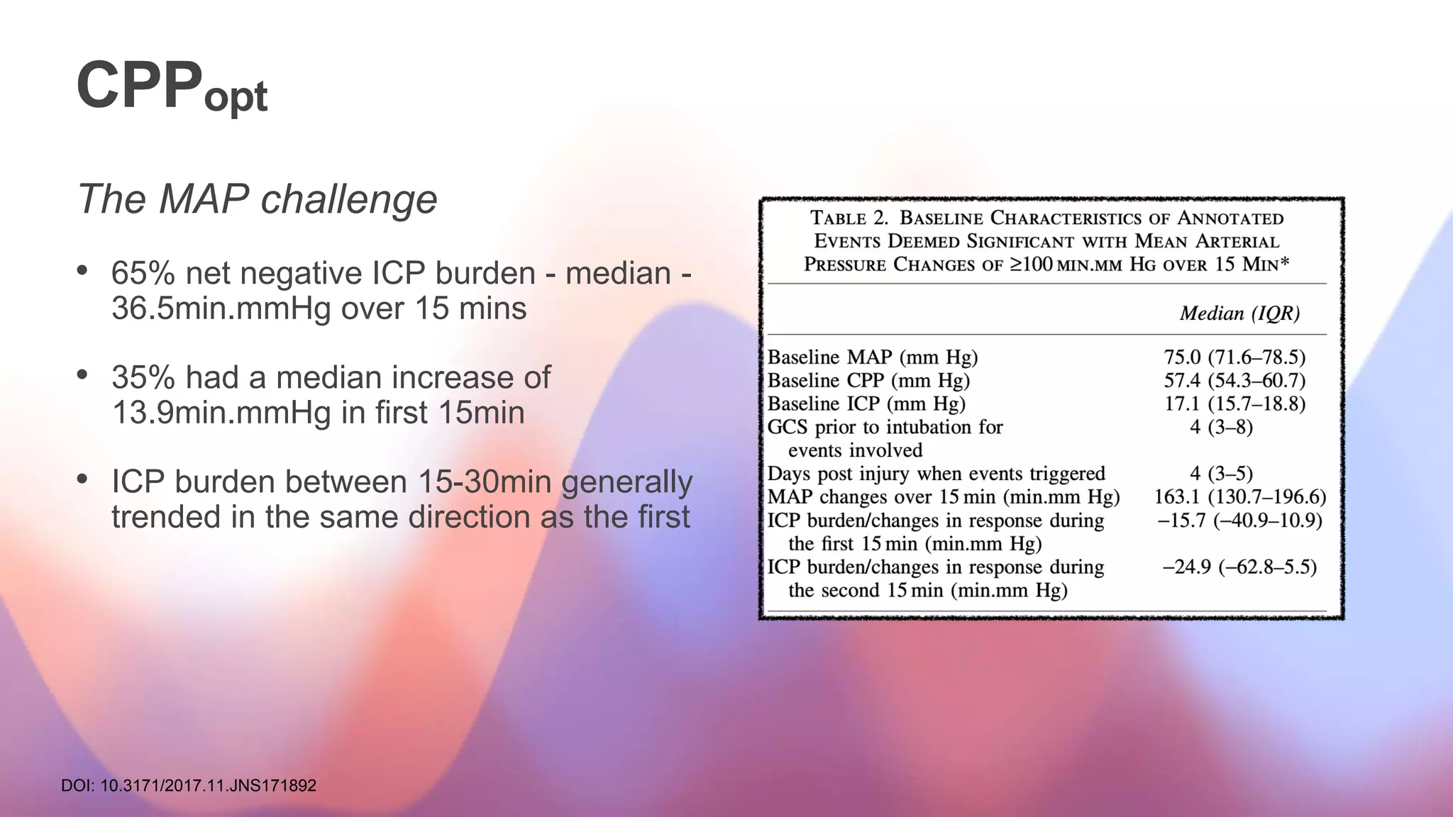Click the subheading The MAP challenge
pyautogui.click(x=257, y=199)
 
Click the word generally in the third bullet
pyautogui.click(x=626, y=483)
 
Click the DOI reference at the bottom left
pyautogui.click(x=189, y=786)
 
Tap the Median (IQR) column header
pyautogui.click(x=1239, y=313)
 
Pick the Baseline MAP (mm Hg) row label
pyautogui.click(x=873, y=357)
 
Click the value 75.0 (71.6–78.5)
pyautogui.click(x=1234, y=357)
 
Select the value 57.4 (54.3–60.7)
pyautogui.click(x=1234, y=381)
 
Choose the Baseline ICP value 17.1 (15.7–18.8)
pyautogui.click(x=1234, y=404)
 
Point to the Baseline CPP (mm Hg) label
pyautogui.click(x=868, y=381)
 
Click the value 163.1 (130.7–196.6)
pyautogui.click(x=1239, y=497)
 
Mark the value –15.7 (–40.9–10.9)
pyautogui.click(x=1239, y=521)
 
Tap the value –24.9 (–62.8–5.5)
pyautogui.click(x=1239, y=567)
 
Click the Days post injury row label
pyautogui.click(x=937, y=474)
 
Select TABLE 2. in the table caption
pyautogui.click(x=849, y=218)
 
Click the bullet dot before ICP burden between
pyautogui.click(x=82, y=479)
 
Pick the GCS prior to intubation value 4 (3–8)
pyautogui.click(x=1221, y=428)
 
